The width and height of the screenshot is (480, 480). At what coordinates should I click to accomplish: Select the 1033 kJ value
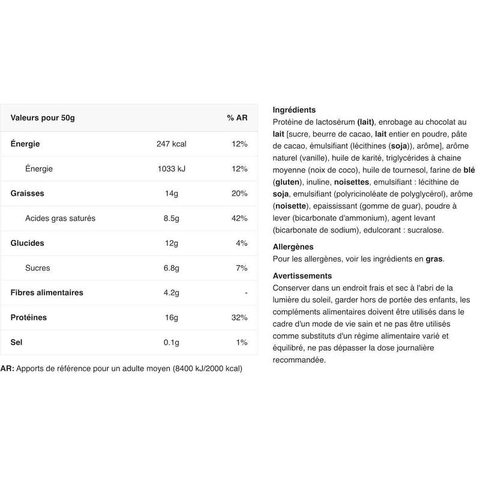(x=172, y=169)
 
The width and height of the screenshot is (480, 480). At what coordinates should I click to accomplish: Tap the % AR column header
(x=237, y=118)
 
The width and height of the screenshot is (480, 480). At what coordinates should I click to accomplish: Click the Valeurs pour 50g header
(x=43, y=118)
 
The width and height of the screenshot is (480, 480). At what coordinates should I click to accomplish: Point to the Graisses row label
(x=28, y=194)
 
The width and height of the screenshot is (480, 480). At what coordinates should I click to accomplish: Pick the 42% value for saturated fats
(x=239, y=218)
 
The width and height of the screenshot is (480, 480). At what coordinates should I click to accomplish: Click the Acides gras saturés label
(x=60, y=218)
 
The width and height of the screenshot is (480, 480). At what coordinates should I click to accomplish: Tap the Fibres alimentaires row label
(x=47, y=293)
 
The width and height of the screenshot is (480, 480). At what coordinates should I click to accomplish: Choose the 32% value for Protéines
(x=239, y=317)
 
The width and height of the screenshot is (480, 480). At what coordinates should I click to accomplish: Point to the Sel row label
(x=17, y=342)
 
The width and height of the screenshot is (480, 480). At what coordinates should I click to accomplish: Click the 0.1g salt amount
(x=172, y=342)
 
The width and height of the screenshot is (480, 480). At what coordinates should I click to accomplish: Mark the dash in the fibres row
(x=246, y=293)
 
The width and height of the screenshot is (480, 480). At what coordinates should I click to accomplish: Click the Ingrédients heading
(x=294, y=110)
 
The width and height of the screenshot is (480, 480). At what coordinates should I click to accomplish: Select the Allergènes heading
(x=293, y=247)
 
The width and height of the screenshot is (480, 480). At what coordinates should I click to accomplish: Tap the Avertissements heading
(x=302, y=275)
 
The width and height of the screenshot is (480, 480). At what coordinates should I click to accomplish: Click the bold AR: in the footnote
(x=7, y=368)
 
